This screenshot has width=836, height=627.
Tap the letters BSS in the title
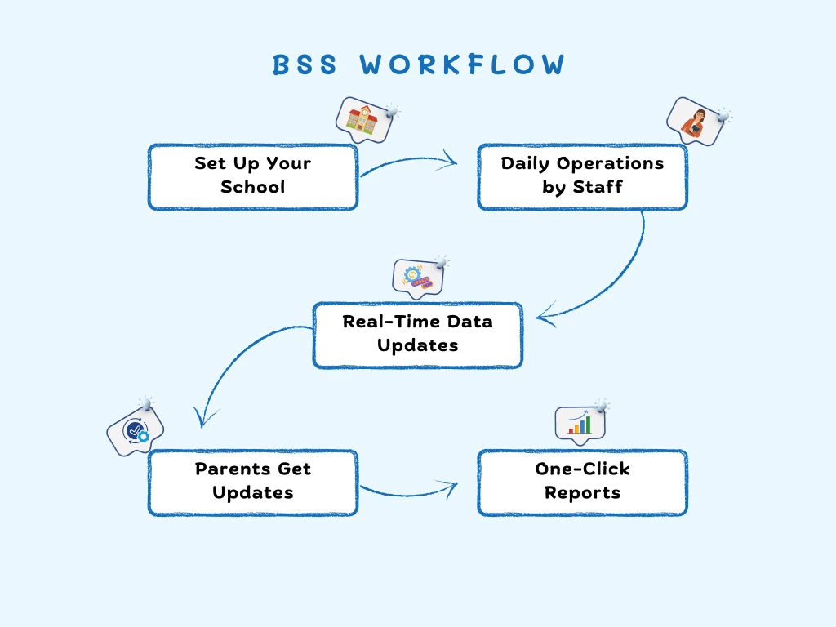(x=305, y=65)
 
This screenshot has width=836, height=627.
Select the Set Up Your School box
(x=253, y=176)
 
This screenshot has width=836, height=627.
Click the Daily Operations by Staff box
(x=582, y=176)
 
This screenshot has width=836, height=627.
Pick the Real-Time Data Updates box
(x=417, y=335)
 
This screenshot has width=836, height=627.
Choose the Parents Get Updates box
(x=253, y=482)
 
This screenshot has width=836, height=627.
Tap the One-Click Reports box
(x=582, y=482)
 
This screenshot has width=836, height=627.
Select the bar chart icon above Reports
(x=580, y=423)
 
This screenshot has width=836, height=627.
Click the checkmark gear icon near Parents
(x=135, y=430)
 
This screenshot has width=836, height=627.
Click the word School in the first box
(x=253, y=187)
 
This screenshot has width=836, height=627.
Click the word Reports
(x=582, y=493)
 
